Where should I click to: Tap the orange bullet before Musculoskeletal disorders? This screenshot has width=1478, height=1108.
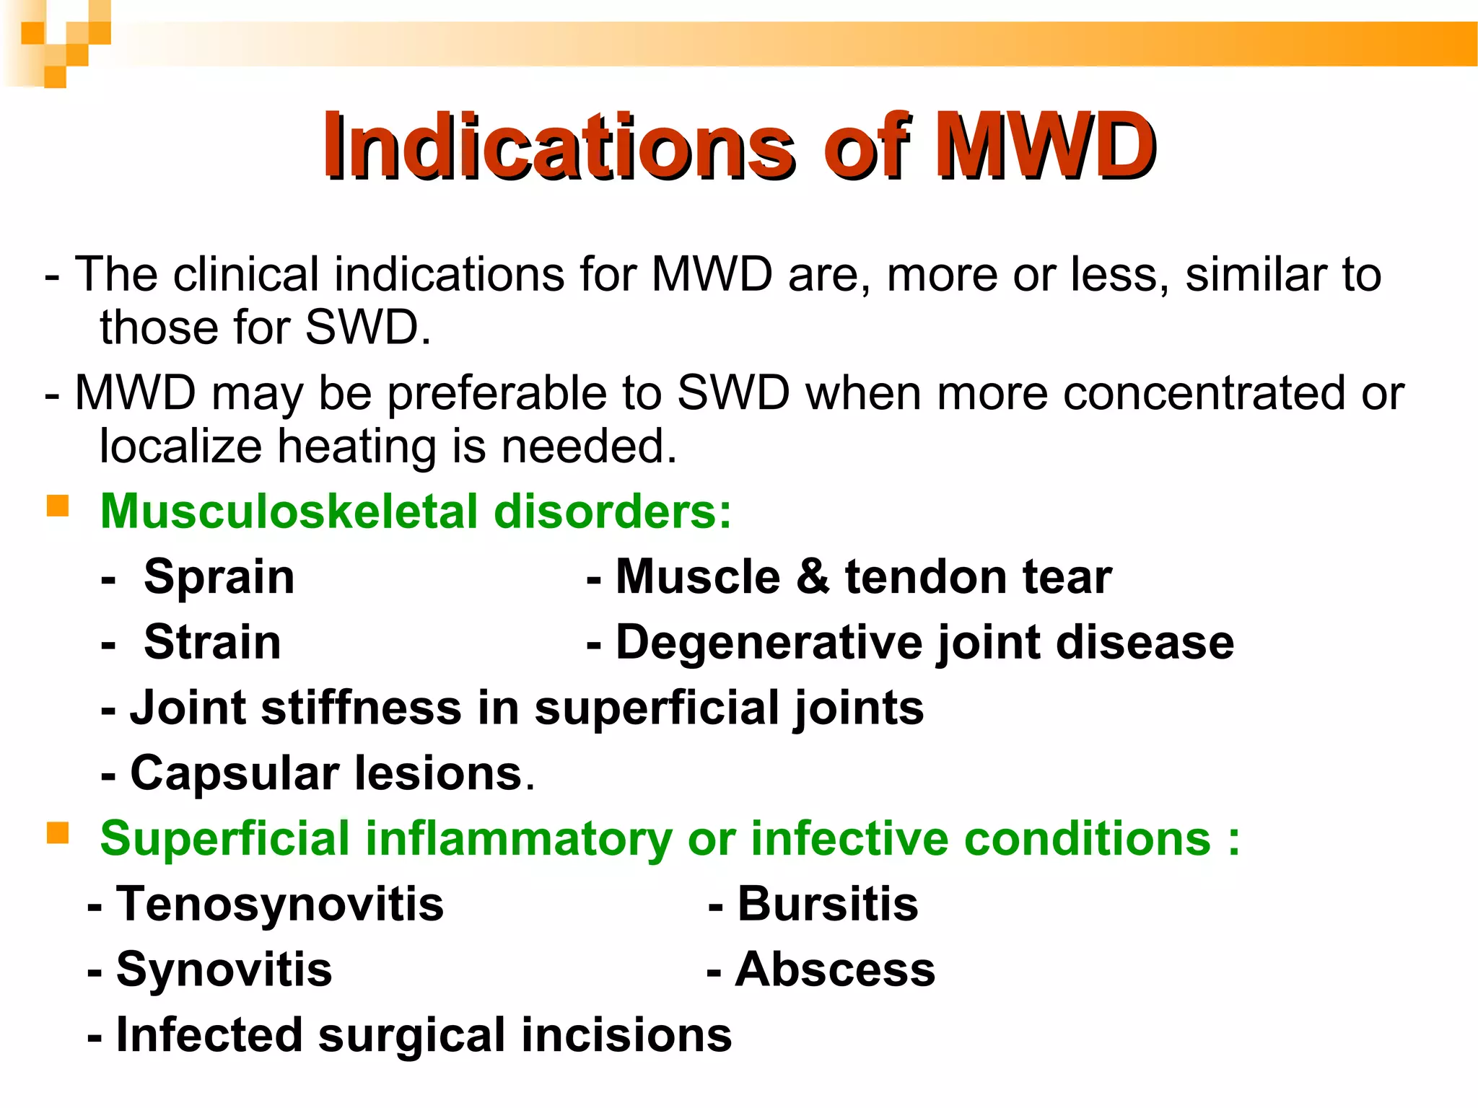point(58,506)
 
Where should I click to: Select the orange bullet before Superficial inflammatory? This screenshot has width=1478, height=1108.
point(58,834)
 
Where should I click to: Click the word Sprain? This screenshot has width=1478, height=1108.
point(219,578)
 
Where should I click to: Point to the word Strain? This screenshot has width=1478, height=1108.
point(212,643)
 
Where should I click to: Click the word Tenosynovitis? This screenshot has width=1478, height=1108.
point(280,905)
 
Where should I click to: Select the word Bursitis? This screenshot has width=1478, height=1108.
point(828,905)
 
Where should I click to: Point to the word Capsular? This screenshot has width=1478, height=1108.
point(235,774)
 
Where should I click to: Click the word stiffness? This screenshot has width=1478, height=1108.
point(362,708)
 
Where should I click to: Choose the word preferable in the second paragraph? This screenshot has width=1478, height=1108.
point(496,395)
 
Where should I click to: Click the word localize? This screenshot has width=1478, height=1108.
point(180,447)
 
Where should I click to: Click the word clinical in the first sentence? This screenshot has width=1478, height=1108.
point(246,275)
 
